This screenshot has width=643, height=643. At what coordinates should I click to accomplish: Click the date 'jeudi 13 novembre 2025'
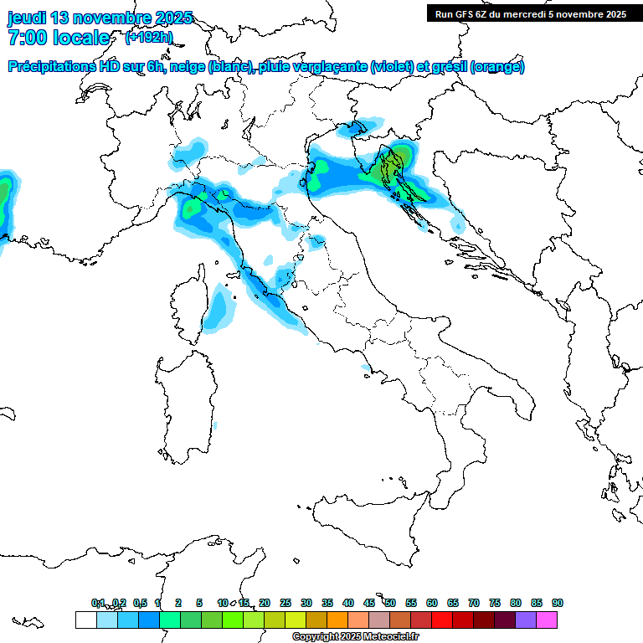click(100, 18)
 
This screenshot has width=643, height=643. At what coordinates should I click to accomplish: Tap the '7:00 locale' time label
click(59, 38)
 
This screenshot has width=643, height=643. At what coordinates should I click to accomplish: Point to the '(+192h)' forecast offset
click(148, 37)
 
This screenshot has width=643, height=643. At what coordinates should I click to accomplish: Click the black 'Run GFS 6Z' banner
click(530, 13)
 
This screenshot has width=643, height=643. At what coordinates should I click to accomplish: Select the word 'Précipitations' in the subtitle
click(51, 67)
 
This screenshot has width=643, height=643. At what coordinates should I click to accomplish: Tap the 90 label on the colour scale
click(557, 603)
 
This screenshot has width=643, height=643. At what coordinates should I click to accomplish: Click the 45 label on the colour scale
click(368, 603)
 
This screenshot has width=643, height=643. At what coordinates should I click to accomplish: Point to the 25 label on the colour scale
click(285, 603)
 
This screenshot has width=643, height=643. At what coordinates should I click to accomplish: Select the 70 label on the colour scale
click(473, 603)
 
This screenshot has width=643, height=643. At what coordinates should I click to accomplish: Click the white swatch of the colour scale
click(85, 620)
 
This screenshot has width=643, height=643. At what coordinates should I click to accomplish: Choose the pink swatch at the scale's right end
click(547, 620)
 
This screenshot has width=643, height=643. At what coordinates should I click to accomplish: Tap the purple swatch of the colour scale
click(526, 620)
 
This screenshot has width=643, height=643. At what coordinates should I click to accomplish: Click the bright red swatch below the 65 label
click(442, 620)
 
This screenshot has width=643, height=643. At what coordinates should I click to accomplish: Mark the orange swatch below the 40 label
click(337, 620)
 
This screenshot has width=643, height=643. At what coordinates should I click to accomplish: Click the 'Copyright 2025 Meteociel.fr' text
click(355, 636)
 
